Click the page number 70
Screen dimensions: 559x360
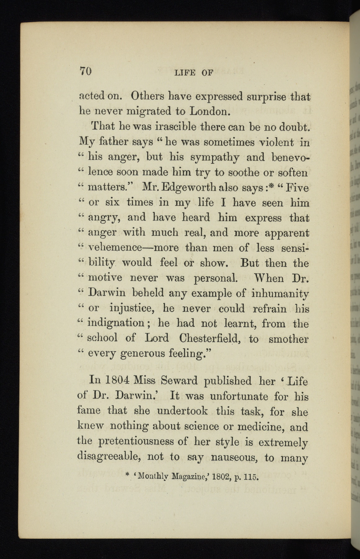[84, 72]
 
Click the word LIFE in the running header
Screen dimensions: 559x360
[185, 73]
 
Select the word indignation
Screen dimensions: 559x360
[116, 323]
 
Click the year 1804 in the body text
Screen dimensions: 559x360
[115, 381]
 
